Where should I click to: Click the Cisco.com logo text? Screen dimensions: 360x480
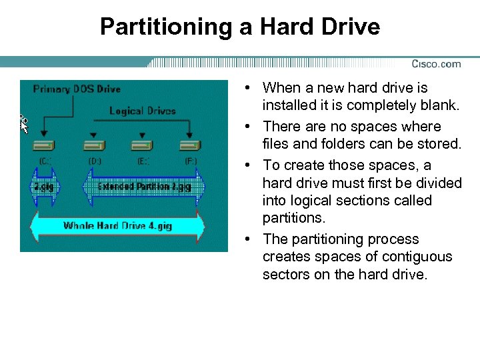point(436,64)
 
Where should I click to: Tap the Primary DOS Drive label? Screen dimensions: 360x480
point(77,89)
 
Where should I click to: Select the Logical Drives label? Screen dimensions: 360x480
point(142,110)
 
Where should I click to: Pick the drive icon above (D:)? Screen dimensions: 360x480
point(93,145)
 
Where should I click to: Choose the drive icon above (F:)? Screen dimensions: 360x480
point(190,145)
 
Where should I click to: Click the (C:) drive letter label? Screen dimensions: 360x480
point(45,161)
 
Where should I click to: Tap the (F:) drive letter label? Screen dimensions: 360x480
point(191,161)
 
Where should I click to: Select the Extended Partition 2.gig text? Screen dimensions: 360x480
point(144,187)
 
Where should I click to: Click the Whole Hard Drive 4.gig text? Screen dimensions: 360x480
point(117,225)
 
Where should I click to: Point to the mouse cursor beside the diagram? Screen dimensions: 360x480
point(23,123)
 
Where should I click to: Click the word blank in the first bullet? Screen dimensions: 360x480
point(443,105)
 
